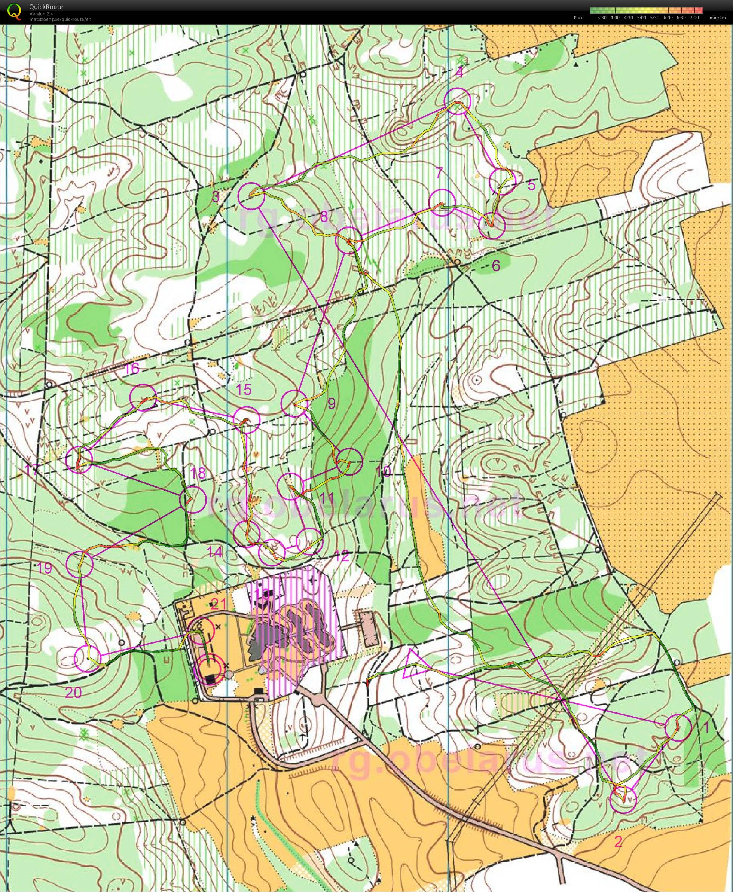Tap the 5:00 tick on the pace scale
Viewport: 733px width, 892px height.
tap(642, 18)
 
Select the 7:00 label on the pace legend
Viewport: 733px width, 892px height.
tap(694, 18)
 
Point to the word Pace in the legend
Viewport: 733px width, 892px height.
tap(578, 18)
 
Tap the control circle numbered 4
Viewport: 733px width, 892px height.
tap(458, 101)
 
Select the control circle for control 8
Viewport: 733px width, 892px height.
tap(349, 240)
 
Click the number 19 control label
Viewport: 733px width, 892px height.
tap(44, 568)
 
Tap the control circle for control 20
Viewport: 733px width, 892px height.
tap(88, 659)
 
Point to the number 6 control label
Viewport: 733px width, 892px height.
tap(496, 265)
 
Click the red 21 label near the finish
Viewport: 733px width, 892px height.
tap(218, 604)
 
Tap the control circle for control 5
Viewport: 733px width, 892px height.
tap(502, 181)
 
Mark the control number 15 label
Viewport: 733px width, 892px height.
tap(244, 389)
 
